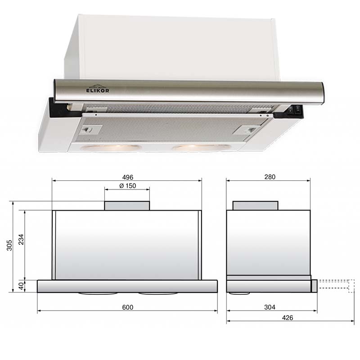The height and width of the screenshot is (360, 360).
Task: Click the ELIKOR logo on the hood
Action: coord(98,88)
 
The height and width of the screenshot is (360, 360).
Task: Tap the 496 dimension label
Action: coord(128,177)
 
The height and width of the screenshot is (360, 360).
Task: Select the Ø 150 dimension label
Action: coord(128,186)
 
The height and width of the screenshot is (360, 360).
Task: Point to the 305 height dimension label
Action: coord(9,245)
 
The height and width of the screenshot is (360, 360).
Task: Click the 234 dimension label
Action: coord(21,239)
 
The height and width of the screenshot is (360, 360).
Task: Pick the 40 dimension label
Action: coord(21,286)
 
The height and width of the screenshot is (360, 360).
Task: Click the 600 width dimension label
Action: coord(128,307)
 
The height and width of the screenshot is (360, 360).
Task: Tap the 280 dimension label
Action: coord(270,177)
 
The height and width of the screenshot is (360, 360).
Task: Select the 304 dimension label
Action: coord(270,307)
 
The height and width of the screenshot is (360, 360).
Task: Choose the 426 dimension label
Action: coord(288,318)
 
